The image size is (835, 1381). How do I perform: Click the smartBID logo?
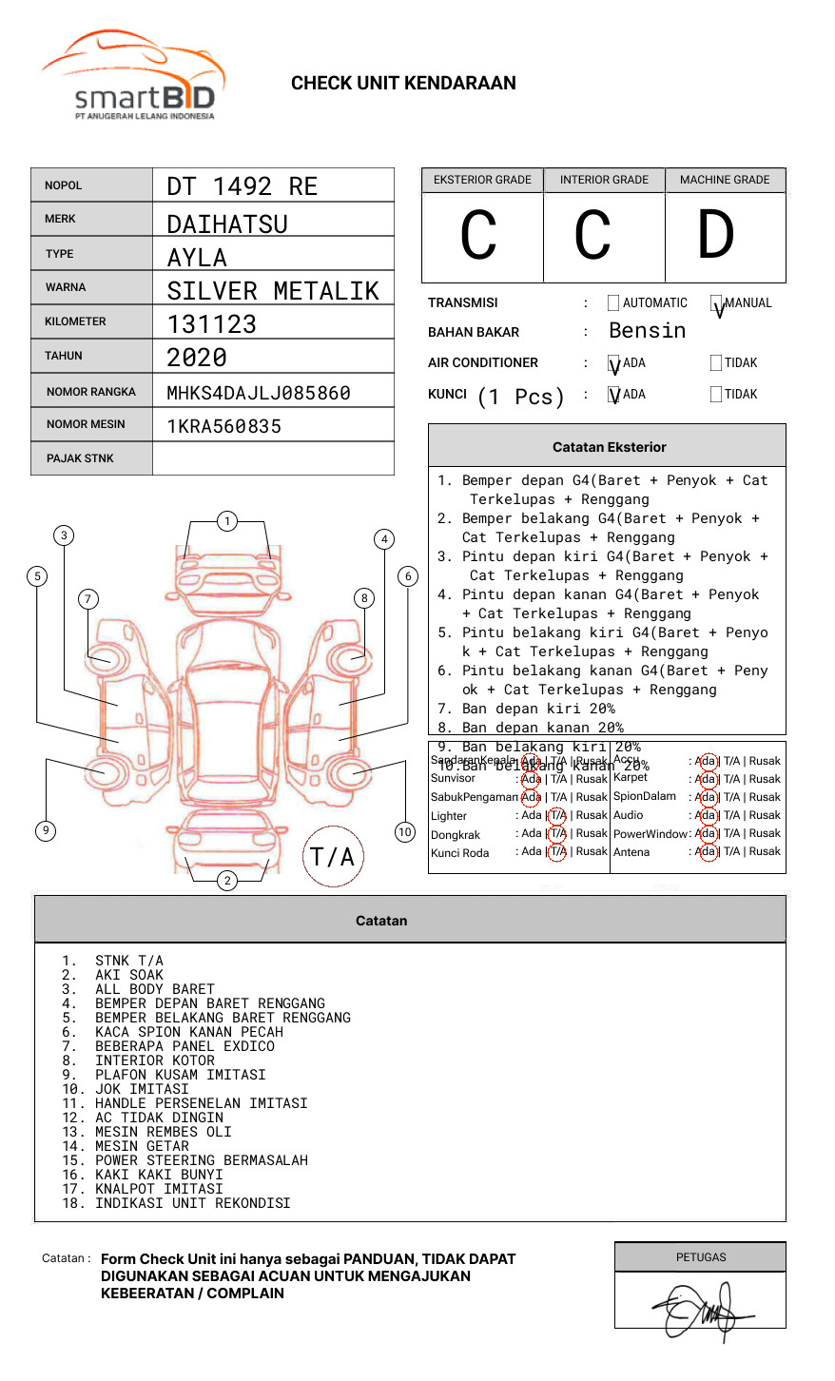(x=133, y=76)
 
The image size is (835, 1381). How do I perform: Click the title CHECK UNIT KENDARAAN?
(x=403, y=84)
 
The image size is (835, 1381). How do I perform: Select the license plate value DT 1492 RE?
(x=243, y=186)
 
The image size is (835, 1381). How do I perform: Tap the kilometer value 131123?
(x=212, y=324)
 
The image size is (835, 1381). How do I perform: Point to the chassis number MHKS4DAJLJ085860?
(x=259, y=393)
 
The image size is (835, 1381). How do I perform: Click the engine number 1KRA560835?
(x=224, y=426)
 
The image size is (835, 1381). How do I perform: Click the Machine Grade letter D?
(x=716, y=236)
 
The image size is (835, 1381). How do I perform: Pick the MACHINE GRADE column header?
(x=725, y=180)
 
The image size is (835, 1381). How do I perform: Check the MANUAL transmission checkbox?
(x=717, y=303)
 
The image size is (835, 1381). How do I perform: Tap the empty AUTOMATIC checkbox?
(x=613, y=303)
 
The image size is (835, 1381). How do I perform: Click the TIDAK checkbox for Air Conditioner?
(x=716, y=363)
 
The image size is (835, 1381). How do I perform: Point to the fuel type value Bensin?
(x=647, y=331)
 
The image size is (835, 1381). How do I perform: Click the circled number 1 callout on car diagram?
(x=227, y=521)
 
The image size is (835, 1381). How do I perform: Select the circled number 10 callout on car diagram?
(x=405, y=832)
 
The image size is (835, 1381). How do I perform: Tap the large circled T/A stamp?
(x=333, y=857)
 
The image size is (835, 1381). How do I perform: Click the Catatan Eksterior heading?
(x=609, y=447)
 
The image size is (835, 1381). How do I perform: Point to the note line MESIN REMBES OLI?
(x=163, y=1132)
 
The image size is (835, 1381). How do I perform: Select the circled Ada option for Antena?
(x=707, y=852)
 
